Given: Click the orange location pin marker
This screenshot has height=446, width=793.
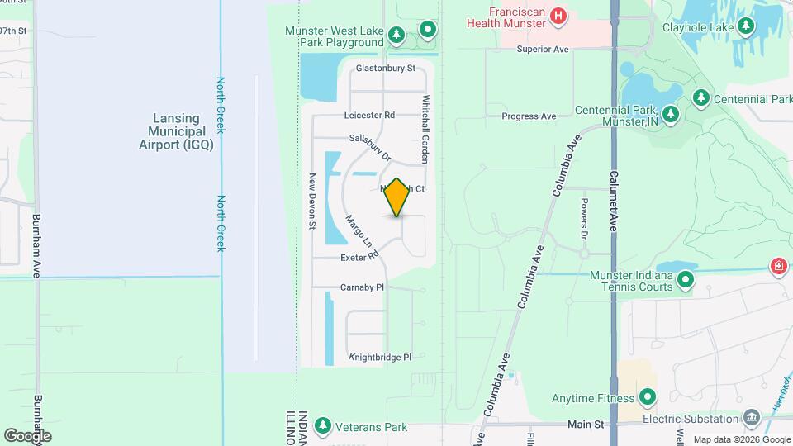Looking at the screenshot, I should click(x=397, y=197).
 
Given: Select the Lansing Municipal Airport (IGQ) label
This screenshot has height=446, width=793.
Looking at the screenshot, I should click(x=176, y=131).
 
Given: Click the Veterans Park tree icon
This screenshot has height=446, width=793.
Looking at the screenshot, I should click(x=323, y=427).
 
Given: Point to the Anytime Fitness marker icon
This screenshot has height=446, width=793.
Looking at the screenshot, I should click(x=647, y=398).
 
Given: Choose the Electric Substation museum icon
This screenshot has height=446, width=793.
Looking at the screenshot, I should click(x=752, y=418).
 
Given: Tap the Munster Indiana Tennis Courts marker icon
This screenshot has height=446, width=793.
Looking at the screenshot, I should click(x=686, y=281).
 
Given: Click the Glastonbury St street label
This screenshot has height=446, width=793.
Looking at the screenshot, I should click(x=385, y=69).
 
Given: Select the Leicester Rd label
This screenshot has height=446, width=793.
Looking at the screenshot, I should click(x=370, y=116).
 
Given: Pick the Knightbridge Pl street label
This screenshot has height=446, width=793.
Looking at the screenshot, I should click(x=380, y=358).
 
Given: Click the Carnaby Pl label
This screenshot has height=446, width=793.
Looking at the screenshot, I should click(x=363, y=287).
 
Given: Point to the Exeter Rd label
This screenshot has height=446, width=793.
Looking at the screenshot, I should click(x=359, y=259).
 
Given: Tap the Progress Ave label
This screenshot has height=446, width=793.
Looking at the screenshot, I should click(x=529, y=116).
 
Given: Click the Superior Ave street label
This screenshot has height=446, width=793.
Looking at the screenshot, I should click(x=543, y=50).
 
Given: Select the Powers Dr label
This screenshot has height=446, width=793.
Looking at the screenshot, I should click(x=583, y=219).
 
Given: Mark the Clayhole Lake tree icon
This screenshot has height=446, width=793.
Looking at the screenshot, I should click(x=746, y=26).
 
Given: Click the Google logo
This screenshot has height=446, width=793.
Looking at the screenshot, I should click(x=28, y=435).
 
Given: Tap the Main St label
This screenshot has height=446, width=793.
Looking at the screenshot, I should click(x=587, y=424).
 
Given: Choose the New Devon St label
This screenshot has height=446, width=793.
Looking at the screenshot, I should click(x=313, y=201).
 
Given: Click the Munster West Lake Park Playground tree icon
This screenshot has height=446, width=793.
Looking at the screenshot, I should click(x=396, y=34).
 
